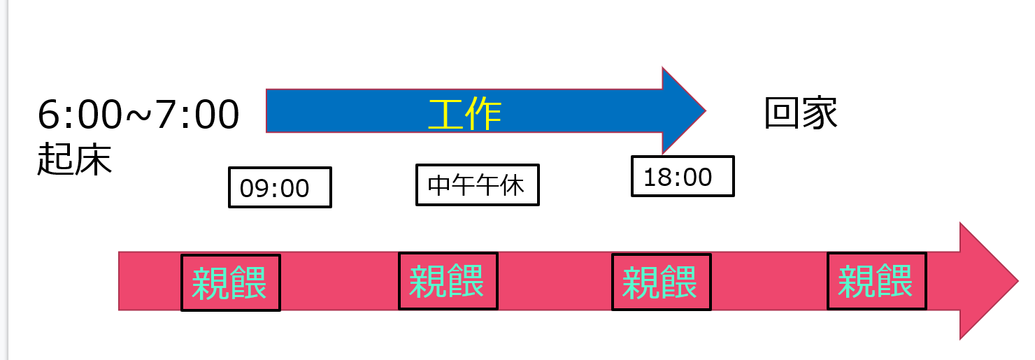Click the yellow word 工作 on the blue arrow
point(465,114)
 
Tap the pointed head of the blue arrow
point(682,110)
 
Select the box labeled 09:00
point(280,187)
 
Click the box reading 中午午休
point(477,185)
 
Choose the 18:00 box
point(682,176)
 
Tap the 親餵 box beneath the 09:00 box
point(230,282)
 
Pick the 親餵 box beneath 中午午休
point(448,280)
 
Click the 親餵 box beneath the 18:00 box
point(661,282)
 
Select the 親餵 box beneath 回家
point(876,281)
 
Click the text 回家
point(801,113)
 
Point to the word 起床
point(74,161)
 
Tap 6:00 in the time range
point(79,115)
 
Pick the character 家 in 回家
point(820,113)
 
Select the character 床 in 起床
point(94,161)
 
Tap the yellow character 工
point(446,114)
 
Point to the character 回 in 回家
point(782,113)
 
